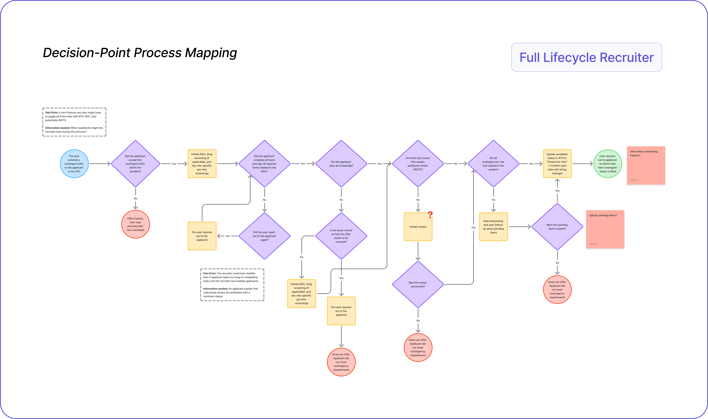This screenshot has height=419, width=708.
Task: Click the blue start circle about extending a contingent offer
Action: click(74, 164)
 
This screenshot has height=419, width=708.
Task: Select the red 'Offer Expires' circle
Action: click(135, 224)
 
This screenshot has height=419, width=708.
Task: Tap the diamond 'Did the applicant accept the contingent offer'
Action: click(135, 164)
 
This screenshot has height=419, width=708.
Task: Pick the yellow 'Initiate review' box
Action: click(418, 227)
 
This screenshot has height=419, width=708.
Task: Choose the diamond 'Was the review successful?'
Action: click(418, 284)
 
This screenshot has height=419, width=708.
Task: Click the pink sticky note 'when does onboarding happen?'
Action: click(646, 165)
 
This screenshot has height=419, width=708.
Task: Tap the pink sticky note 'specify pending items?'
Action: click(605, 229)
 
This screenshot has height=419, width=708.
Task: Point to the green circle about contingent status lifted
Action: click(607, 164)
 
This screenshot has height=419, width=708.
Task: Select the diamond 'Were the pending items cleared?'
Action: click(557, 227)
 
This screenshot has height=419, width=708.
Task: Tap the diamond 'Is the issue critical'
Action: click(341, 236)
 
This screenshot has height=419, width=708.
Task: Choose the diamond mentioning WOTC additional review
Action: click(418, 164)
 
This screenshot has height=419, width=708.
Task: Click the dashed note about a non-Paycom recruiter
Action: click(74, 122)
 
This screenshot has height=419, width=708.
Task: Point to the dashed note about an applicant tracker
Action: click(232, 285)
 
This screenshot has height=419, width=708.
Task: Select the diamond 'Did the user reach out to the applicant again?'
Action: click(264, 236)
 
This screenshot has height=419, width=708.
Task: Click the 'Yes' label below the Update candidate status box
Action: click(557, 191)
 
